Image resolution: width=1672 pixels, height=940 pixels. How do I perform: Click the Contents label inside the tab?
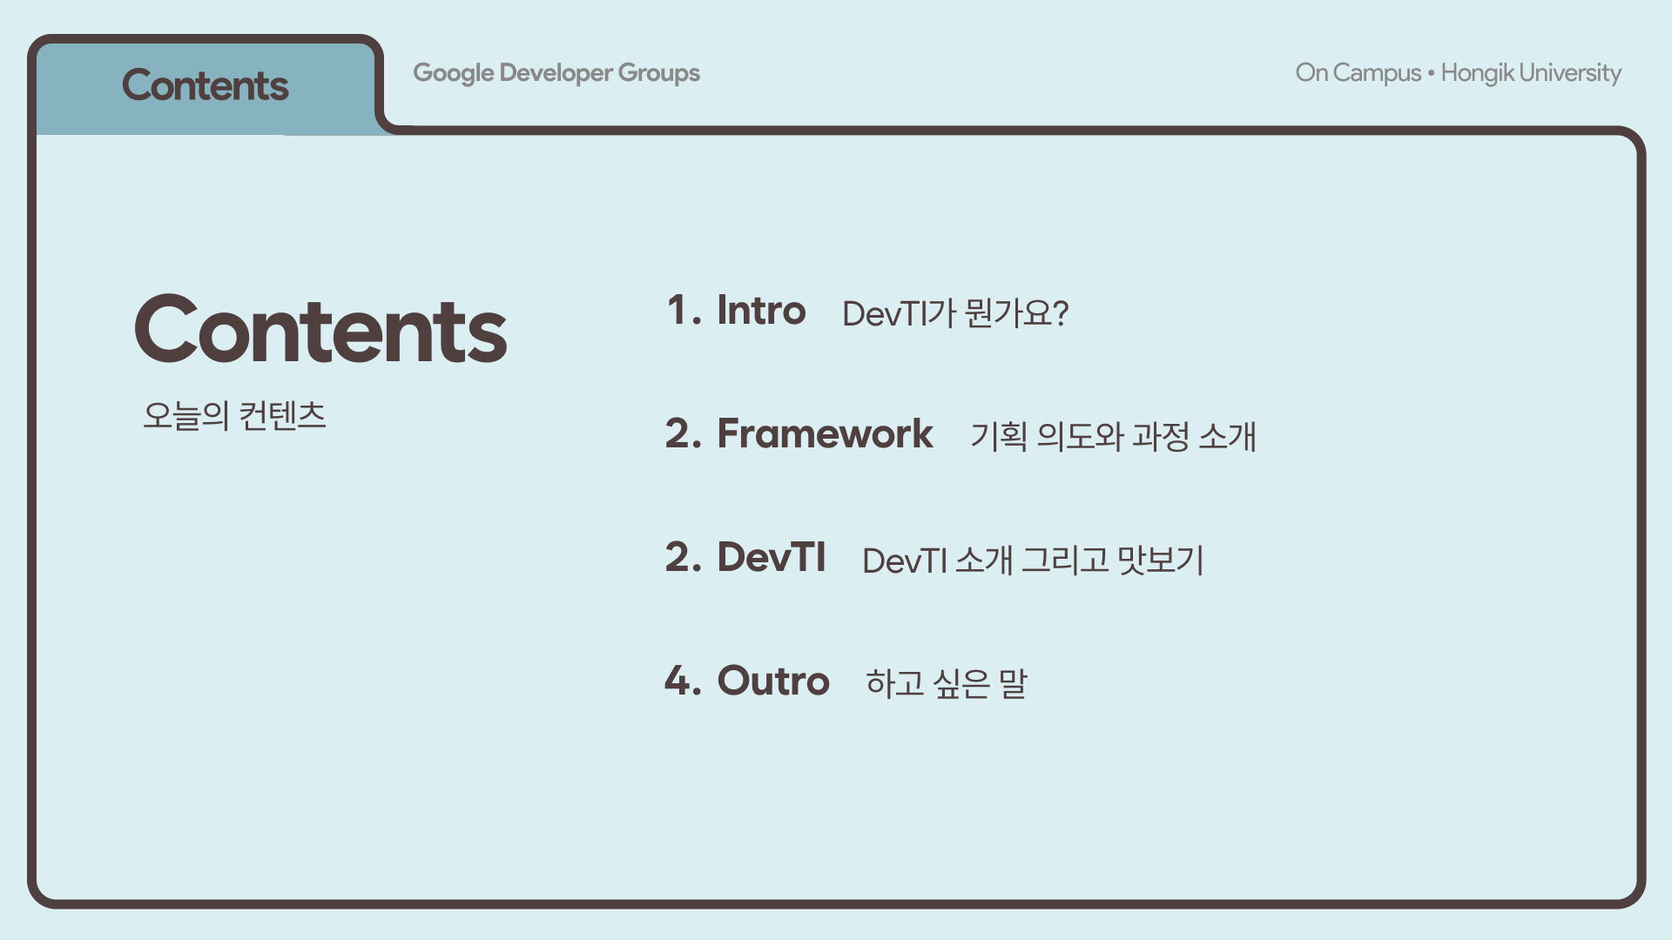(205, 85)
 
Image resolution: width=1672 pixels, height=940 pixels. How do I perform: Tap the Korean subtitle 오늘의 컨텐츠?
(234, 415)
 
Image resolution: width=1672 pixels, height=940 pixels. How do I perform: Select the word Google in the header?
(454, 73)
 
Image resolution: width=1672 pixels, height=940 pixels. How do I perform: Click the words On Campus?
(1358, 73)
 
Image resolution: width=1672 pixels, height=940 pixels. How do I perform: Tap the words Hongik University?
(1531, 73)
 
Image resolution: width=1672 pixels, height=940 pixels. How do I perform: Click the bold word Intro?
(761, 310)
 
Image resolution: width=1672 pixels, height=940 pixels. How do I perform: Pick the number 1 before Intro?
(678, 310)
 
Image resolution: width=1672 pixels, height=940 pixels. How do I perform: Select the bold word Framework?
(825, 433)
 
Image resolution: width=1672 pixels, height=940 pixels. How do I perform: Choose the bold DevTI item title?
(772, 557)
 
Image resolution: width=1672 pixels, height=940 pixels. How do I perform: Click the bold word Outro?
(773, 681)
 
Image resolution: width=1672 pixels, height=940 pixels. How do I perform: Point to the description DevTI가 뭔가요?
(955, 313)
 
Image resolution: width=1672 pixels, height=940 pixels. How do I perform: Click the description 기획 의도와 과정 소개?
(1113, 436)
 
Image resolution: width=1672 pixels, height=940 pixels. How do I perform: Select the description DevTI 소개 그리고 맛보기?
(1033, 561)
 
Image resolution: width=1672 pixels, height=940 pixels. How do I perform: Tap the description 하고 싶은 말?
(947, 683)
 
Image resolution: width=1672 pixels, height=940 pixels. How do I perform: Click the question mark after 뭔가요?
(1060, 313)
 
